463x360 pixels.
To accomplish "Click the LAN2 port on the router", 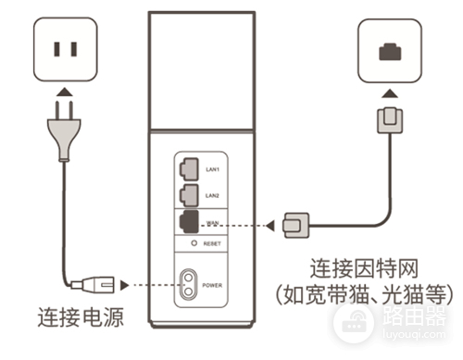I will (187, 194).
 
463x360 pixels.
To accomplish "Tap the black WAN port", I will (188, 222).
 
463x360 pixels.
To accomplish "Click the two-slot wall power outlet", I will (62, 47).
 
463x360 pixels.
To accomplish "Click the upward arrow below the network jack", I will (389, 93).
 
